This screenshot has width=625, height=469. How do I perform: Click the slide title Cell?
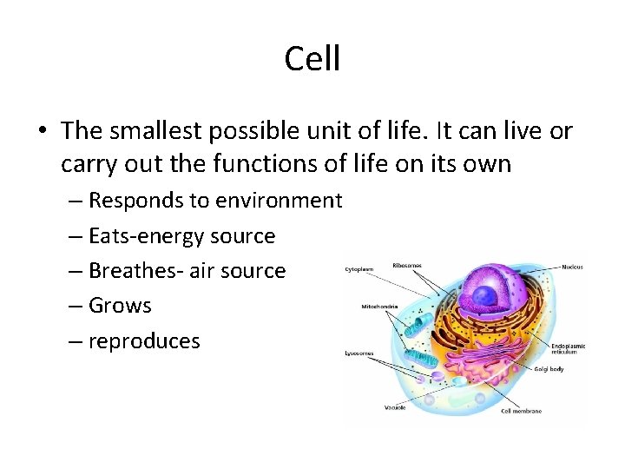pyautogui.click(x=312, y=59)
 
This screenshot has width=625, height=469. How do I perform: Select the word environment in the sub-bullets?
pyautogui.click(x=280, y=201)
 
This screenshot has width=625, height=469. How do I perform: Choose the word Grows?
pyautogui.click(x=120, y=306)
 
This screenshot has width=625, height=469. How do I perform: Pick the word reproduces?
pyautogui.click(x=144, y=341)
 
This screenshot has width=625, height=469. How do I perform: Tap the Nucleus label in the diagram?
pyautogui.click(x=572, y=267)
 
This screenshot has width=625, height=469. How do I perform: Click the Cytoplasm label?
pyautogui.click(x=359, y=269)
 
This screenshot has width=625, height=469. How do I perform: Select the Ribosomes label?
pyautogui.click(x=406, y=265)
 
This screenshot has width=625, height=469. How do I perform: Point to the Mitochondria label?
pyautogui.click(x=378, y=306)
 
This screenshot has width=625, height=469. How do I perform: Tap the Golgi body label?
pyautogui.click(x=549, y=369)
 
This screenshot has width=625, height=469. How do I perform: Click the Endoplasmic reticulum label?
pyautogui.click(x=568, y=348)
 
